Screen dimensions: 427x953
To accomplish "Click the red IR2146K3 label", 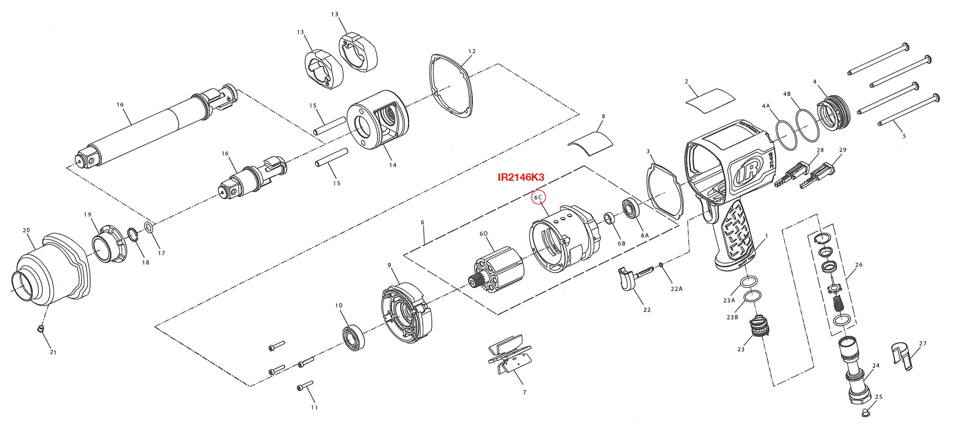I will point(520,177).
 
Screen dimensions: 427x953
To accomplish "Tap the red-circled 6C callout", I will point(538,198).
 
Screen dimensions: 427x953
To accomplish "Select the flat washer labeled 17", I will point(147,227).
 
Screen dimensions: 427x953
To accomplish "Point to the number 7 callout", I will point(525,392).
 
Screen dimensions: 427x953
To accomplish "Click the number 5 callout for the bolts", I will point(904,136).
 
